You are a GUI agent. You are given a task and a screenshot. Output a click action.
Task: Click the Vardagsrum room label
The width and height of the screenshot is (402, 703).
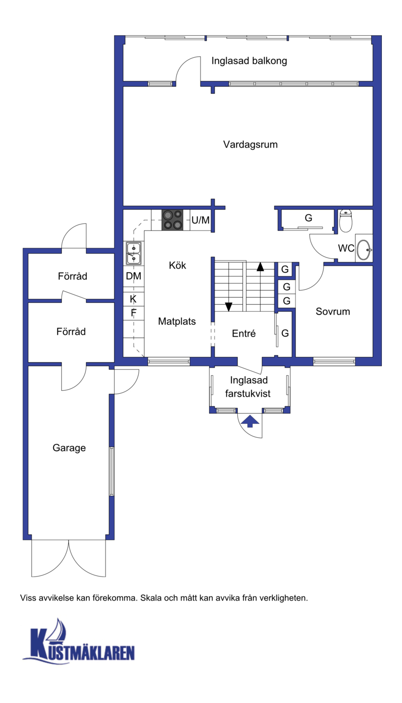point(250,145)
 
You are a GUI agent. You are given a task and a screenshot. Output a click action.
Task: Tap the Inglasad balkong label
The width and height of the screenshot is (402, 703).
point(249,61)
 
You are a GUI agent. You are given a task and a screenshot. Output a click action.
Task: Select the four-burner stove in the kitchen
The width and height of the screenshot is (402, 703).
point(172,220)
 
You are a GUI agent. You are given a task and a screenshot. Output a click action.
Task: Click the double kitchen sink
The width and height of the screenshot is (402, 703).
point(134,253)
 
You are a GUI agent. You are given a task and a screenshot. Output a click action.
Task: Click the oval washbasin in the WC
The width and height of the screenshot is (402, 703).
point(364,250)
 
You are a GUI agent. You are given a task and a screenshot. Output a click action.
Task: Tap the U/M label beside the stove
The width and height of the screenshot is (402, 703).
point(200,220)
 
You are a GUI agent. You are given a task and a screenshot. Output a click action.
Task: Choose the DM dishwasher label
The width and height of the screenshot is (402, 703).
point(134,276)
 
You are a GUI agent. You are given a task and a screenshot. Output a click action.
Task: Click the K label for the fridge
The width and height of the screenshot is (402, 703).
point(133,299)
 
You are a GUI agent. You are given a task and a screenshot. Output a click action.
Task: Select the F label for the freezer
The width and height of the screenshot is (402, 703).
point(134,313)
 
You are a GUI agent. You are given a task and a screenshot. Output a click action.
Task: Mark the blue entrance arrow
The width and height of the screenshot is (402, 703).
point(250,421)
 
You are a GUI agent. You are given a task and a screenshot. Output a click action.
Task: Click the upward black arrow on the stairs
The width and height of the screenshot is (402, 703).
point(260,267)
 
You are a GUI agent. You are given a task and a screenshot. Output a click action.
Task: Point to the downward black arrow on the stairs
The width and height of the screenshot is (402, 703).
point(229,307)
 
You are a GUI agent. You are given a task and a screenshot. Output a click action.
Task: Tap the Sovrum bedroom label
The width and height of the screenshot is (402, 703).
point(333,311)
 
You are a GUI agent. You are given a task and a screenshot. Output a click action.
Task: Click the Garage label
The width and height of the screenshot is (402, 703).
point(69,448)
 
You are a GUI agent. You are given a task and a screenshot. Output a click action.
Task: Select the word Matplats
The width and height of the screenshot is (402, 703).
point(177,321)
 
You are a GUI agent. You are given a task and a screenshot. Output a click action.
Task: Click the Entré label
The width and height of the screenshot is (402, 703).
point(244,333)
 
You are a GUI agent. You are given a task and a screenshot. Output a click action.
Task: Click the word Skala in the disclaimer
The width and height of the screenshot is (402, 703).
point(151,598)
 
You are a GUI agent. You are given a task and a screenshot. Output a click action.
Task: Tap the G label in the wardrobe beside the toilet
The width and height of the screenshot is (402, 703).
point(309,218)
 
